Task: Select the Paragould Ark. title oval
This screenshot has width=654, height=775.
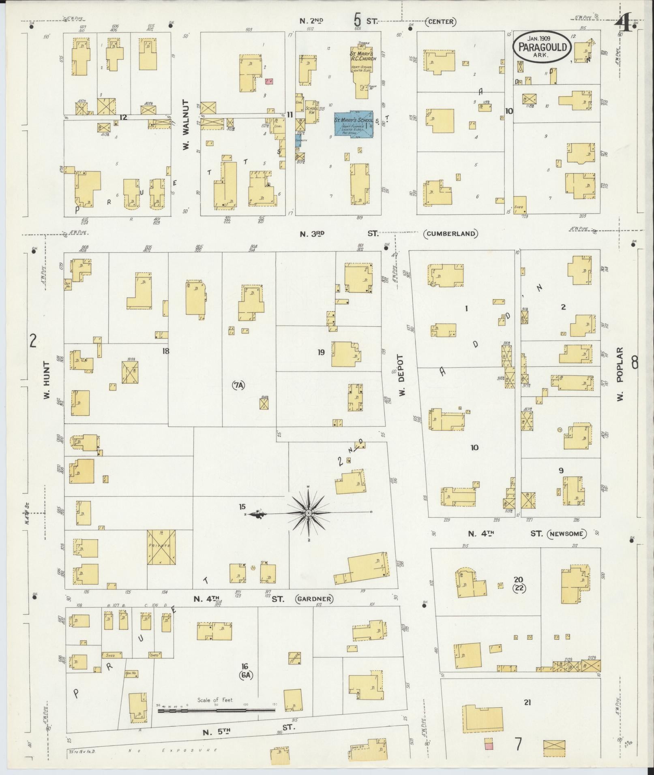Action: pos(542,47)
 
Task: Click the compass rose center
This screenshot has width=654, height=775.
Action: pos(309,513)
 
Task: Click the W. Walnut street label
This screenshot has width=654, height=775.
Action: pos(186,125)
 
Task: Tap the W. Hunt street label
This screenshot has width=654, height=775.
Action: pos(47,380)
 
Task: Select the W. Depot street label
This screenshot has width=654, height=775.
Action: pos(401,375)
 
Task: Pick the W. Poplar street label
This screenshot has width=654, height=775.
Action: pos(620,374)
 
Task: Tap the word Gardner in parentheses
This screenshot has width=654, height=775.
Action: pos(314,599)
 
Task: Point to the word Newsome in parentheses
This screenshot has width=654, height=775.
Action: pos(566,534)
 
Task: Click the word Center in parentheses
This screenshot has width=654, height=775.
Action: pos(440,21)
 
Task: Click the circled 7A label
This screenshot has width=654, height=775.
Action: pos(238,386)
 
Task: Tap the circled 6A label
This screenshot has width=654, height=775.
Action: pos(244,675)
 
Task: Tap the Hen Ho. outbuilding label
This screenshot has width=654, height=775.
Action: pos(130,673)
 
